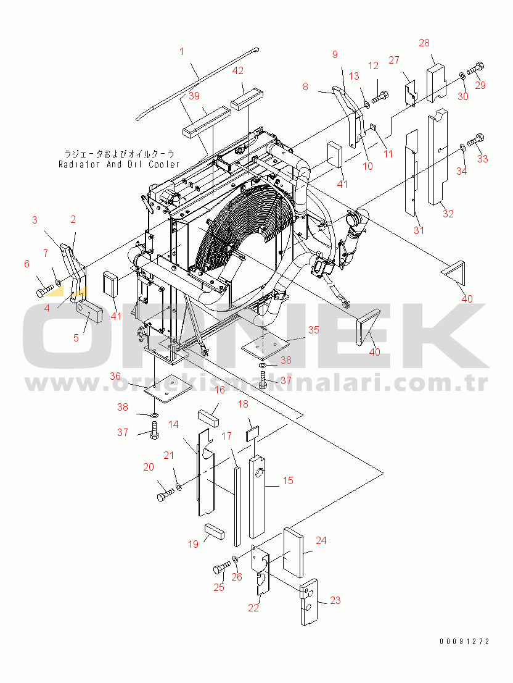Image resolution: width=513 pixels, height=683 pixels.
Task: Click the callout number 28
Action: (x=424, y=43)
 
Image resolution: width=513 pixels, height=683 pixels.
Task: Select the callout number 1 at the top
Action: (x=182, y=52)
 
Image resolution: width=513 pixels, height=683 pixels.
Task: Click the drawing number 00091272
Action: (x=464, y=642)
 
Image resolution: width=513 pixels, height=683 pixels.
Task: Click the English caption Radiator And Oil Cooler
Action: (x=120, y=164)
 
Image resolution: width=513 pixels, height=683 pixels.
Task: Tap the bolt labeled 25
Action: (x=220, y=569)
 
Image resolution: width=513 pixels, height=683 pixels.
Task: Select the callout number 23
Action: (x=335, y=600)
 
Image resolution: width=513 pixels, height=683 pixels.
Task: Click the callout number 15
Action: (x=288, y=480)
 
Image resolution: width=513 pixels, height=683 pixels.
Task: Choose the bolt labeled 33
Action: (x=477, y=141)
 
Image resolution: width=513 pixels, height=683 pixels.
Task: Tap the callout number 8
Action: (x=305, y=87)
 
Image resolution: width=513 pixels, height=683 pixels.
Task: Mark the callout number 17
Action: (x=226, y=436)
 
